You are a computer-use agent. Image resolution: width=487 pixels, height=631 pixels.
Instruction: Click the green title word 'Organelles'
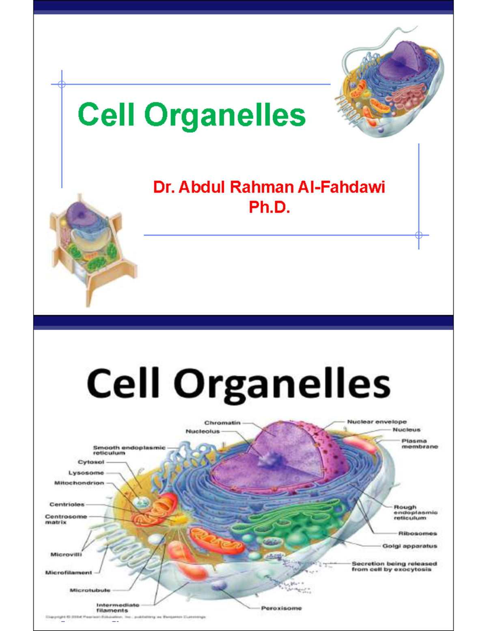tap(225, 115)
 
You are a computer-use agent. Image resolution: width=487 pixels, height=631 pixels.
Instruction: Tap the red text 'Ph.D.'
tap(269, 208)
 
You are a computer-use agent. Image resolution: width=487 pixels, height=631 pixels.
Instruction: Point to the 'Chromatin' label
tap(222, 423)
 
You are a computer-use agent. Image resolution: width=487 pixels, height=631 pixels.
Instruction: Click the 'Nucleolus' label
tap(203, 432)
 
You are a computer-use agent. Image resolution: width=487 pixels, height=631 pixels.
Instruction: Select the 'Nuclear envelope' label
tap(377, 422)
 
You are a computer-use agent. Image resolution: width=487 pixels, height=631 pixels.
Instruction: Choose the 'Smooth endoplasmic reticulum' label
tap(129, 450)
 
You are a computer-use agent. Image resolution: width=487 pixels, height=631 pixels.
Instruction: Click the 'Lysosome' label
tap(86, 473)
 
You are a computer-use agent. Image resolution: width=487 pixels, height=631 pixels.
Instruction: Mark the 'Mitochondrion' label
tap(79, 483)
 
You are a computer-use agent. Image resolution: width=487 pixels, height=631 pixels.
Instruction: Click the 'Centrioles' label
tap(67, 505)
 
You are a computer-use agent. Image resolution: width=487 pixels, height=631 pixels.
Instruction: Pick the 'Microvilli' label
tap(66, 554)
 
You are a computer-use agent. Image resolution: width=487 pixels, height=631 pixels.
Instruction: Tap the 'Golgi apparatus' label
tap(409, 546)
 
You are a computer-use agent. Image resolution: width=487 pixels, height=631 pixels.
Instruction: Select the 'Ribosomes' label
tap(417, 533)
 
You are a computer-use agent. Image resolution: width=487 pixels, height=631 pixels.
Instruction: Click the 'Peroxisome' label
tap(281, 608)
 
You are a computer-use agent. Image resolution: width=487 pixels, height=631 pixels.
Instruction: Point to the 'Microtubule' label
tap(90, 590)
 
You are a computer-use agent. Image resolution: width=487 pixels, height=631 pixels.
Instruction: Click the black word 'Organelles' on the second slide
tap(282, 384)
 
